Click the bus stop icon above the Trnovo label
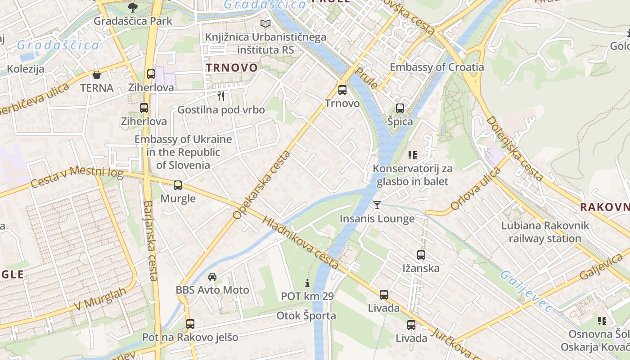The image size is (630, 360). (x=342, y=90)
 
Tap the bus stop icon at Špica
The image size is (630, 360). (x=400, y=108)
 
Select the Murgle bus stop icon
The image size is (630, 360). (x=178, y=185)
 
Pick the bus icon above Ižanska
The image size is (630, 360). (x=421, y=255)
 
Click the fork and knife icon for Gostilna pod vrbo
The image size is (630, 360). (x=221, y=96)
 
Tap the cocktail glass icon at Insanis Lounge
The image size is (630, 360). (x=377, y=205)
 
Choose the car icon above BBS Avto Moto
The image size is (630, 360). (x=212, y=276)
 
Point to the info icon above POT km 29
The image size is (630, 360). (x=307, y=283)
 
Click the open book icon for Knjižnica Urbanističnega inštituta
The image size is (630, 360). (x=266, y=23)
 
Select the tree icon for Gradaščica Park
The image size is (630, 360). (x=133, y=7)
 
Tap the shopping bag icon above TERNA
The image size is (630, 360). (x=97, y=75)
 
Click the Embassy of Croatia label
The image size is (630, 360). (x=436, y=67)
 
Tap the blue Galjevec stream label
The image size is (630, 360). (x=526, y=292)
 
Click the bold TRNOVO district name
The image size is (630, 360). (x=232, y=68)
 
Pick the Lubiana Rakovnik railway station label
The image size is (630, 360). (x=545, y=232)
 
